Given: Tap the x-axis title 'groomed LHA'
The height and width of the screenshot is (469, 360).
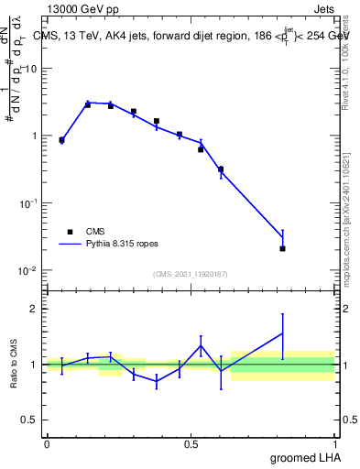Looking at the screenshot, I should coord(307,457).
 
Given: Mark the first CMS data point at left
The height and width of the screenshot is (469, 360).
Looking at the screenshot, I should coord(61,140).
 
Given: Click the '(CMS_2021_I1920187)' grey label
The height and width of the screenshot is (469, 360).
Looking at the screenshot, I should coord(191,274).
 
